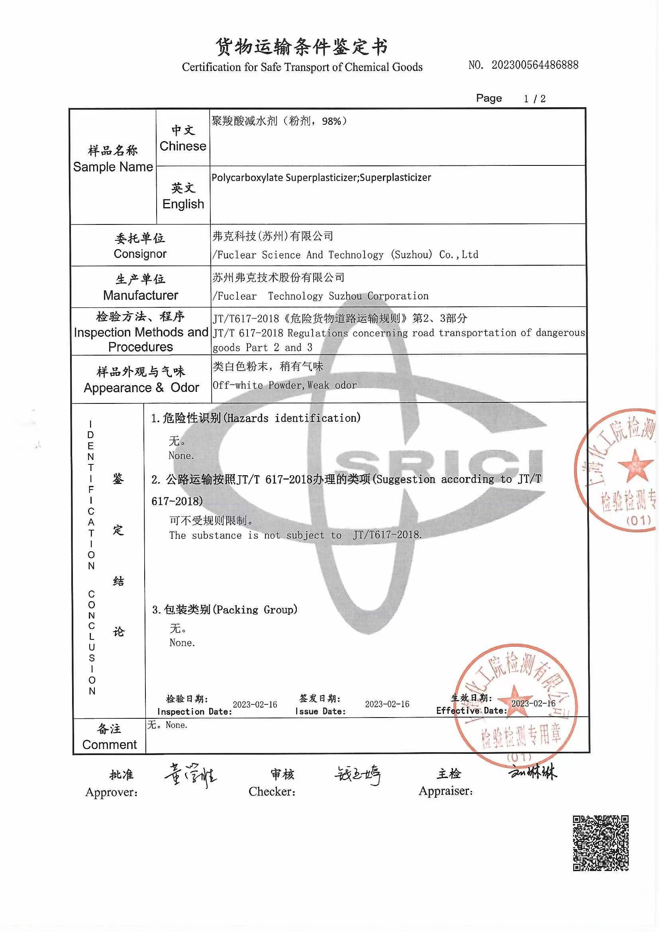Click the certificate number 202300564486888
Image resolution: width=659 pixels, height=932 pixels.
[535, 65]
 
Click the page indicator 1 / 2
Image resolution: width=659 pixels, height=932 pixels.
[534, 98]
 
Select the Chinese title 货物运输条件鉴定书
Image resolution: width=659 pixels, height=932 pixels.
[302, 47]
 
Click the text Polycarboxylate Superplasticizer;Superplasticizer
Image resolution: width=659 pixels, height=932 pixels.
[321, 177]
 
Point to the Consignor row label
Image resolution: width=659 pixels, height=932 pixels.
[140, 246]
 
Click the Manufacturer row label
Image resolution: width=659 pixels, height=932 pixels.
[140, 287]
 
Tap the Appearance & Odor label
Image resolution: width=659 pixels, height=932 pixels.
[141, 379]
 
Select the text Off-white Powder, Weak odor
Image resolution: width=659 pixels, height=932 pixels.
[284, 385]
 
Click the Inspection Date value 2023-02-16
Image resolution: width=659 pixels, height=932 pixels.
[255, 704]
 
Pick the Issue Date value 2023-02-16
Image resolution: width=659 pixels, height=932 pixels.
[387, 704]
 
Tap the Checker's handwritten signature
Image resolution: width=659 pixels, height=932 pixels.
[357, 775]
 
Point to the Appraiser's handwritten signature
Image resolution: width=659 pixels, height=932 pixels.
[532, 772]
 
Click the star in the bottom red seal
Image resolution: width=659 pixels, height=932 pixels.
[514, 697]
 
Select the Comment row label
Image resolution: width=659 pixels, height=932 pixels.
[109, 737]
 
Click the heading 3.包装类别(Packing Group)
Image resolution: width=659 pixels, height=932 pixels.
[224, 609]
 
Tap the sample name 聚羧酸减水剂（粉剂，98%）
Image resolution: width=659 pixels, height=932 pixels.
[279, 121]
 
